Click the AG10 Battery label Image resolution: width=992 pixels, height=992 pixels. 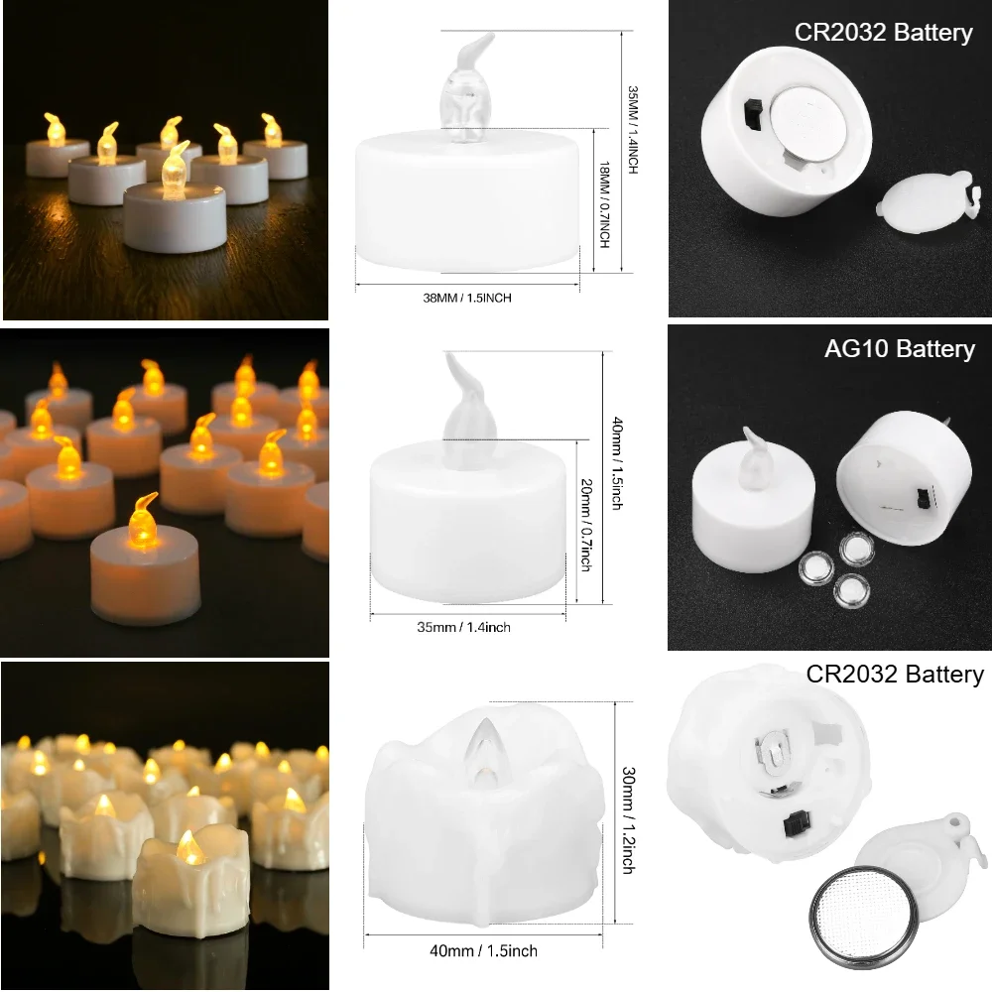(900, 348)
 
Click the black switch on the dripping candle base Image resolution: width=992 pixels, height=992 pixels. (794, 823)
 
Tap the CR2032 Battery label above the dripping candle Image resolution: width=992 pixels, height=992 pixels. (894, 675)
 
